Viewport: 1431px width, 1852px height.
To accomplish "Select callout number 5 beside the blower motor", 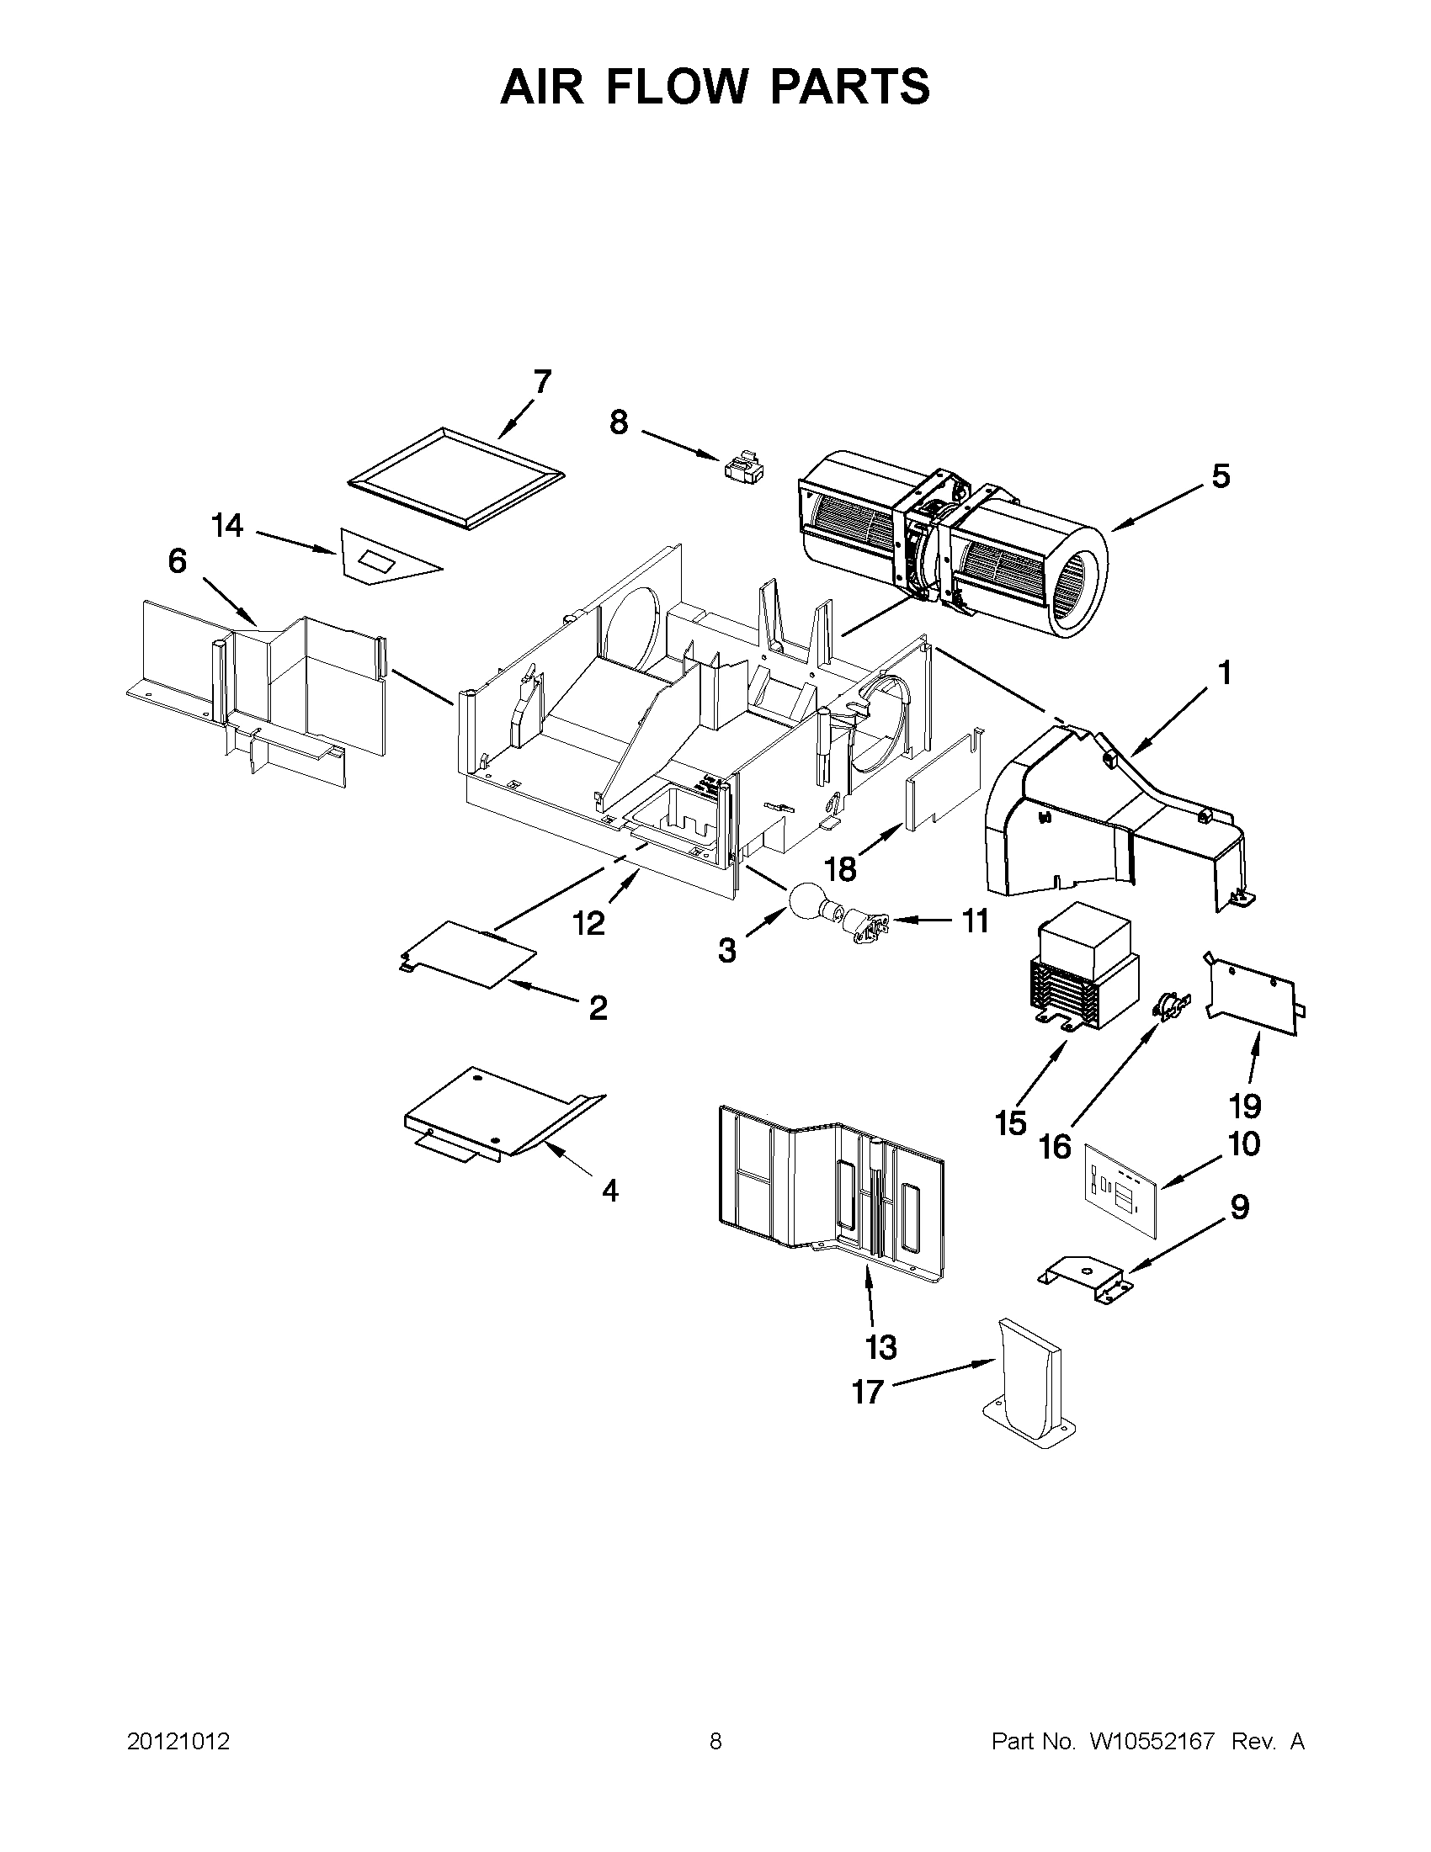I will pos(1220,476).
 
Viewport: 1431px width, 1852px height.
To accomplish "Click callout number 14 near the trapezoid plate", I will pos(227,526).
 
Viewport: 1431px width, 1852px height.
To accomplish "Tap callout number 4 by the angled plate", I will pos(610,1191).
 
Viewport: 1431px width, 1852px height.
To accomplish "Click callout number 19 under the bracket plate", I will pos(1245,1106).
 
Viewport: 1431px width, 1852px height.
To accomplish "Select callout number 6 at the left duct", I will pos(177,561).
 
